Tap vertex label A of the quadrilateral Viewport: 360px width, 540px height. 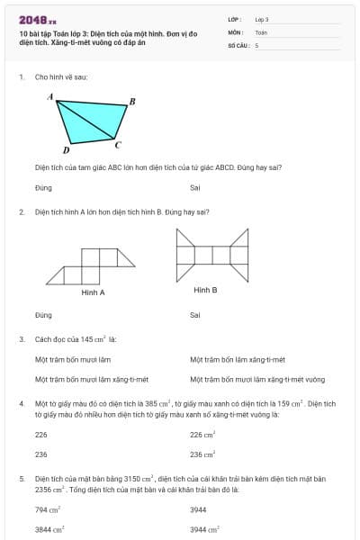click(x=50, y=96)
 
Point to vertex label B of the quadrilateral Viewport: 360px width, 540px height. click(x=132, y=101)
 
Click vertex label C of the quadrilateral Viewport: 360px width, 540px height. click(x=119, y=144)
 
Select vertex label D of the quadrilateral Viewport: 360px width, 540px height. click(x=66, y=150)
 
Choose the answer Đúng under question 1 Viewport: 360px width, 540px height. click(x=43, y=187)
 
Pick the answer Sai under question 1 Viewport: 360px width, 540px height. click(x=194, y=187)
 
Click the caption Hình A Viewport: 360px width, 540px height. click(x=93, y=292)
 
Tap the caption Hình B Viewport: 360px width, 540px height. click(x=205, y=290)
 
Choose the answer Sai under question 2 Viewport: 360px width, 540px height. click(x=194, y=315)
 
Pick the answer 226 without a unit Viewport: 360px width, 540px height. click(x=41, y=434)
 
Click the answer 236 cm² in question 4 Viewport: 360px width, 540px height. click(x=202, y=454)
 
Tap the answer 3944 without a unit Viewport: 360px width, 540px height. click(x=199, y=509)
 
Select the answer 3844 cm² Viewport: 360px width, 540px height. click(x=49, y=530)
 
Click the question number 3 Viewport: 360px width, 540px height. click(x=21, y=339)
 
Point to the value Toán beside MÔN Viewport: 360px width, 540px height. click(x=261, y=31)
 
